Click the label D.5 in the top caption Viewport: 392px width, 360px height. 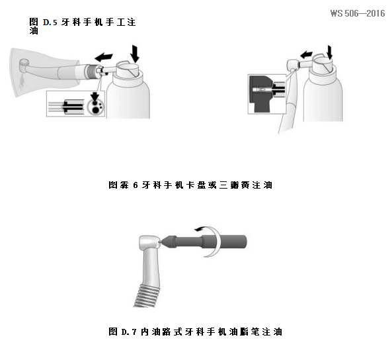tap(50, 22)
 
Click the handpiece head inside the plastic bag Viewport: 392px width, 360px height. tap(24, 66)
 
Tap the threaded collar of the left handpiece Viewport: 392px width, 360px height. tap(85, 68)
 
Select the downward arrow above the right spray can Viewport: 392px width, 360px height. tap(330, 50)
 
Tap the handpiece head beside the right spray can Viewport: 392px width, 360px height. tap(292, 65)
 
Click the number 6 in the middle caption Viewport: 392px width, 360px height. tap(135, 185)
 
